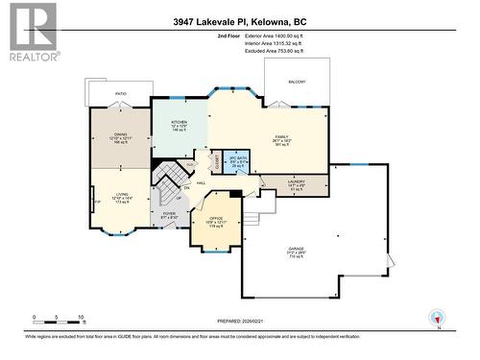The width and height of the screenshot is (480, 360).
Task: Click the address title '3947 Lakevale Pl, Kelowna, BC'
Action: [240, 22]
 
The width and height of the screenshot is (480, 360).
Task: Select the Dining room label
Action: [120, 137]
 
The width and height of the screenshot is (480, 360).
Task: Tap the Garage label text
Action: [296, 252]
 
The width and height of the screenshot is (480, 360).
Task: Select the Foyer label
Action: [169, 216]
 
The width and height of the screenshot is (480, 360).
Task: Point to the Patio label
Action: [121, 93]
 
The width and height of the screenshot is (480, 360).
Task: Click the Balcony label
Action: [297, 82]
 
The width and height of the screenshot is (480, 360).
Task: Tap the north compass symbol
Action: [438, 318]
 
